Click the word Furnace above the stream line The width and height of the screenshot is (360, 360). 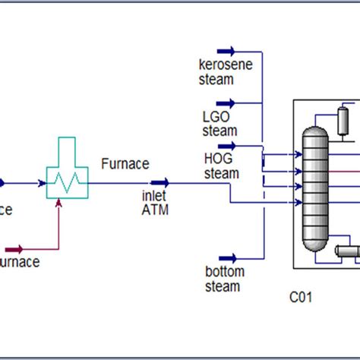[x=125, y=163]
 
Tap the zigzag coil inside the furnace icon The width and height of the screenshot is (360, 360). [x=67, y=183]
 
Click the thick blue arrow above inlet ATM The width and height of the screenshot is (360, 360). [x=160, y=182]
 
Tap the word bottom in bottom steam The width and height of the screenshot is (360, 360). [x=224, y=272]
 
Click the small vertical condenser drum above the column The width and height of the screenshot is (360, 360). [x=343, y=118]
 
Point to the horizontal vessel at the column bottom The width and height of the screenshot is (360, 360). [x=347, y=251]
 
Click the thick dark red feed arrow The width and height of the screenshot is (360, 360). [x=15, y=248]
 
